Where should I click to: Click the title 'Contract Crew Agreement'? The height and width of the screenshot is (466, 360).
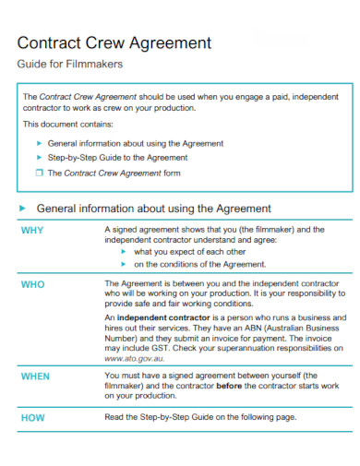115,43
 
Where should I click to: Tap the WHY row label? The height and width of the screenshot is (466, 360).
32,230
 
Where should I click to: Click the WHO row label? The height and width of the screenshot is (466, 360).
32,284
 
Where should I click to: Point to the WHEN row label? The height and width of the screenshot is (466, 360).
35,376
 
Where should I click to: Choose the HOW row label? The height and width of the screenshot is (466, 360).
32,417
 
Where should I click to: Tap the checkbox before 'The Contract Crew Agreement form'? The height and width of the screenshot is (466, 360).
39,173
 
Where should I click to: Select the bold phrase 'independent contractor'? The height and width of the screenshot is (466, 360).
160,317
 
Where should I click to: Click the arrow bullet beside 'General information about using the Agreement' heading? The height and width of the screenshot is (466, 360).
23,209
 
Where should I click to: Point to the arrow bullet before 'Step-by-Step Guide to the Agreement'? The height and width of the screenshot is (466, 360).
39,158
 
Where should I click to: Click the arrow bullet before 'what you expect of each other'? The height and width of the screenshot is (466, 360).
125,250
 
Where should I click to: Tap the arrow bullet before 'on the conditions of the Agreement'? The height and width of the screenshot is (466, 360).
125,263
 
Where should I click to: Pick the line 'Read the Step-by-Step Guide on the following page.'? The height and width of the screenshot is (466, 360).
199,417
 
